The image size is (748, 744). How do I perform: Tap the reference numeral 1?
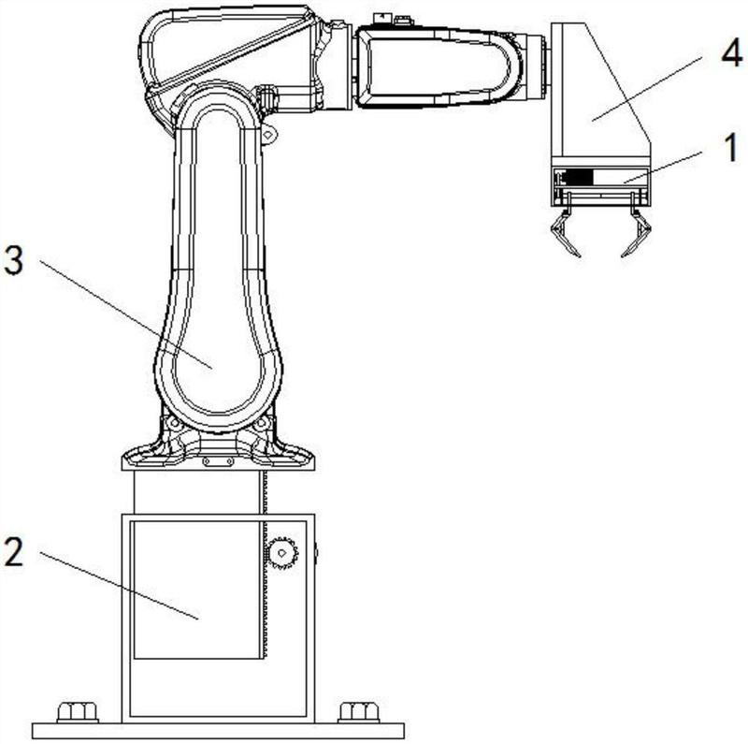(731, 148)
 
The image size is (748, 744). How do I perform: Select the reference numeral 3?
(13, 261)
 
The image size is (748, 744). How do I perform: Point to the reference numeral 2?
(13, 550)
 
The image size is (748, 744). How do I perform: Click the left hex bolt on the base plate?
(78, 712)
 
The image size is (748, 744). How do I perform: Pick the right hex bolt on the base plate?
(359, 712)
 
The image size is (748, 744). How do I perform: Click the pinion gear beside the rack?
(282, 553)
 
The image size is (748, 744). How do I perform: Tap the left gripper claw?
(566, 232)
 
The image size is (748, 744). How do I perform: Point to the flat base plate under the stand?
(218, 731)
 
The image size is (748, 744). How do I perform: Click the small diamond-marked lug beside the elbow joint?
(268, 135)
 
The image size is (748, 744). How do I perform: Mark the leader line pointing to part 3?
(125, 314)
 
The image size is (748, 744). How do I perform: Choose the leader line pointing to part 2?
(119, 586)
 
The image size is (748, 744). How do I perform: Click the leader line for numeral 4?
(647, 89)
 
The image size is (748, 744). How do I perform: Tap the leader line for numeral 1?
(662, 168)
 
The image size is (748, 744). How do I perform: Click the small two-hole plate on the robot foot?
(218, 461)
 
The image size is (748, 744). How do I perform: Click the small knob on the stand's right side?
(316, 553)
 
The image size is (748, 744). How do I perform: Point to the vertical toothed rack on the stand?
(264, 564)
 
